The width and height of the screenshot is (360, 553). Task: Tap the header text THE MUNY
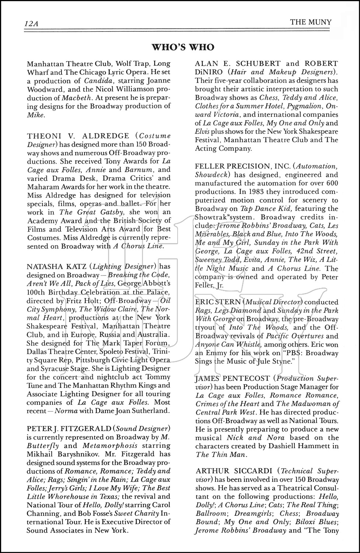click(311, 22)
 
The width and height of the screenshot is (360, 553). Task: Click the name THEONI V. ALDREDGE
click(78, 136)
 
